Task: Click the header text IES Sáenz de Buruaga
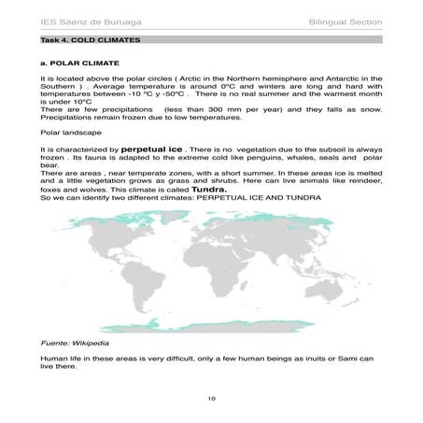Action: coord(70,20)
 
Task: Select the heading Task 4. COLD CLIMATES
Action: coord(85,42)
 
